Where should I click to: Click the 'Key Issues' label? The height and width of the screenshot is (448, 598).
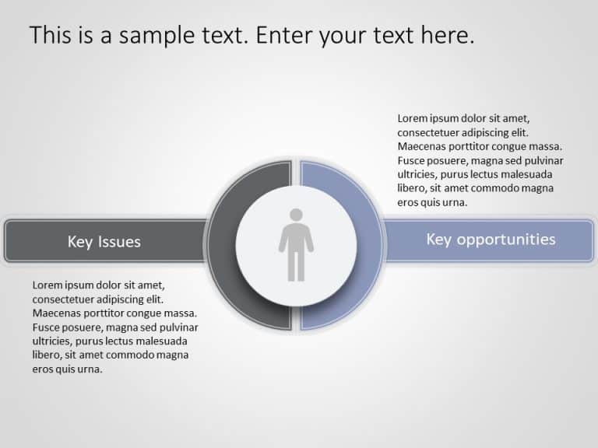click(x=104, y=242)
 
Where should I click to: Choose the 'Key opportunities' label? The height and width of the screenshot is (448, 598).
click(x=491, y=239)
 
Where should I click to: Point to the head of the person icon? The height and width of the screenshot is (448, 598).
click(x=296, y=215)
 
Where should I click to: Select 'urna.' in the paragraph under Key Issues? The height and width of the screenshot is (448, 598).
click(x=90, y=369)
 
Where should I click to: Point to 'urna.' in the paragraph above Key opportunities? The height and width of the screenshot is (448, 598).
click(x=455, y=203)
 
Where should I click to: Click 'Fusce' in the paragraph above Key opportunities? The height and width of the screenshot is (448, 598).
click(x=412, y=161)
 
